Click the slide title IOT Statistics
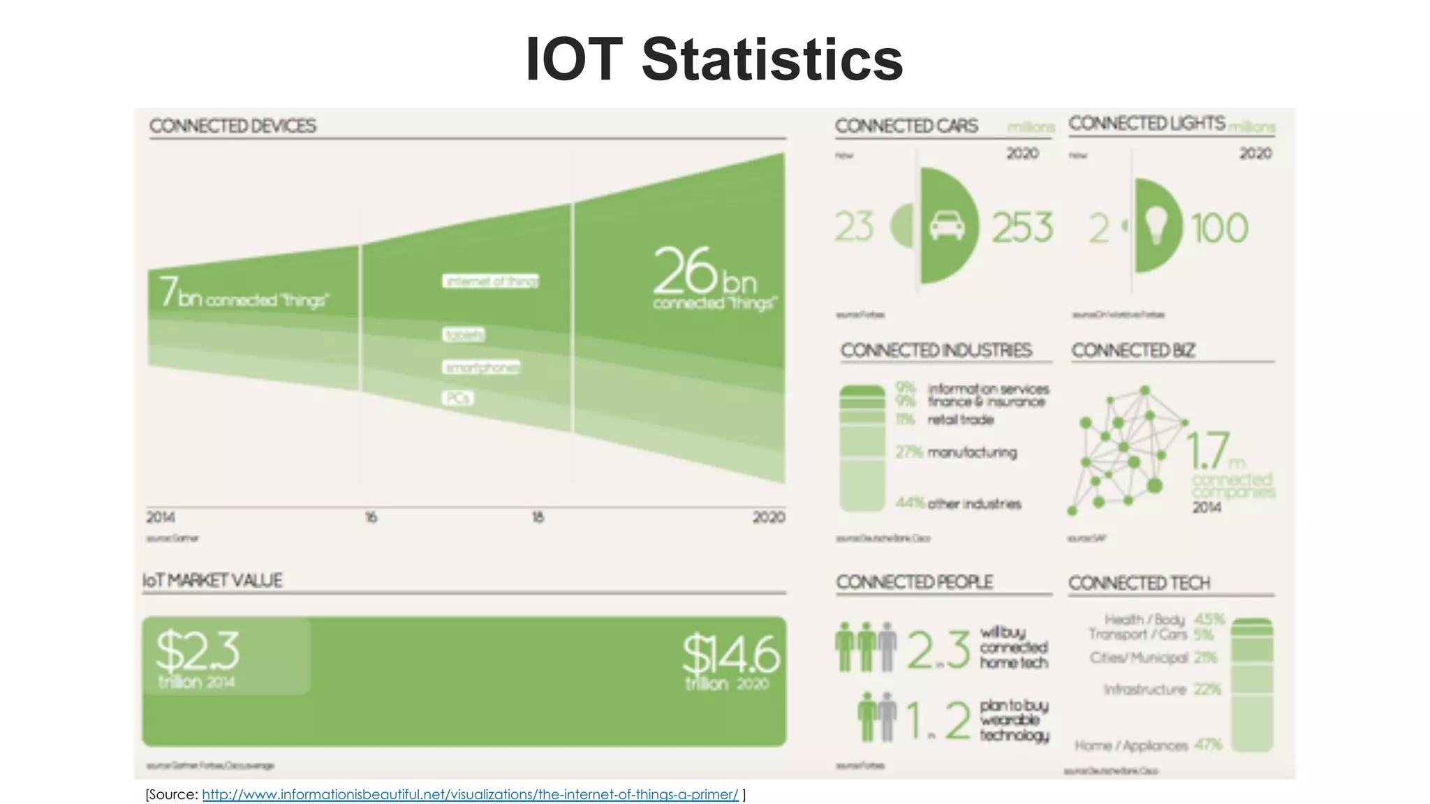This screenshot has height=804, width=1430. pyautogui.click(x=714, y=59)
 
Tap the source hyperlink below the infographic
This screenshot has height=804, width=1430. pyautogui.click(x=470, y=794)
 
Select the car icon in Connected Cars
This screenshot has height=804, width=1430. pyautogui.click(x=947, y=226)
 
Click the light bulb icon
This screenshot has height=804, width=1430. pyautogui.click(x=1156, y=226)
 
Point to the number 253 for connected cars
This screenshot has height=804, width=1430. pyautogui.click(x=1022, y=228)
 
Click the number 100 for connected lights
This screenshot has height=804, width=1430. pyautogui.click(x=1219, y=228)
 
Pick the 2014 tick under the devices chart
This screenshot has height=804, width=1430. pyautogui.click(x=161, y=517)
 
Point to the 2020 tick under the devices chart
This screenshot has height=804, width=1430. pyautogui.click(x=768, y=517)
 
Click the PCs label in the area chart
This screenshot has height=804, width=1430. pyautogui.click(x=457, y=398)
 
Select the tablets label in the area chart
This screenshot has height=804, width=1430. pyautogui.click(x=463, y=335)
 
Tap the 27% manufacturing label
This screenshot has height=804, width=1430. pyautogui.click(x=956, y=452)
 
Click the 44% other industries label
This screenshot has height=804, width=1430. pyautogui.click(x=958, y=503)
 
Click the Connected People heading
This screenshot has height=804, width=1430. pyautogui.click(x=914, y=581)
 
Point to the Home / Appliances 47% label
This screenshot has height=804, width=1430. pyautogui.click(x=1149, y=745)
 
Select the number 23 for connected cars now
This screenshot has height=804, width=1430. pyautogui.click(x=854, y=228)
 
